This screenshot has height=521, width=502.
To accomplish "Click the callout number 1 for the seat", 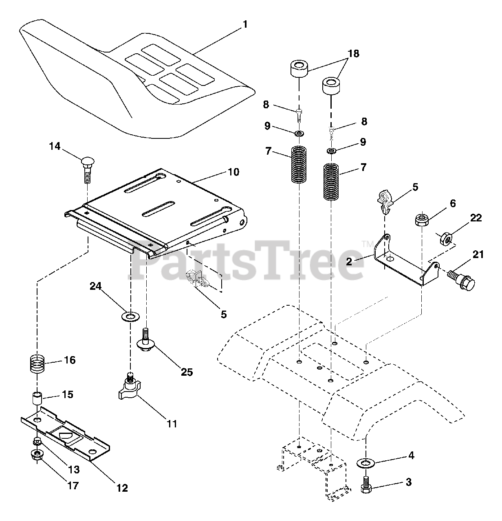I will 245,24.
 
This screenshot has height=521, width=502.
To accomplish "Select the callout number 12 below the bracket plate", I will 122,488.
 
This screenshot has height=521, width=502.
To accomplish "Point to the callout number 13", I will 74,469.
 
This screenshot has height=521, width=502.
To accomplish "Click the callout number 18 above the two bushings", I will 354,53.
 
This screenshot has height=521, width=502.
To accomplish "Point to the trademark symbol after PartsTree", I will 364,244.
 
